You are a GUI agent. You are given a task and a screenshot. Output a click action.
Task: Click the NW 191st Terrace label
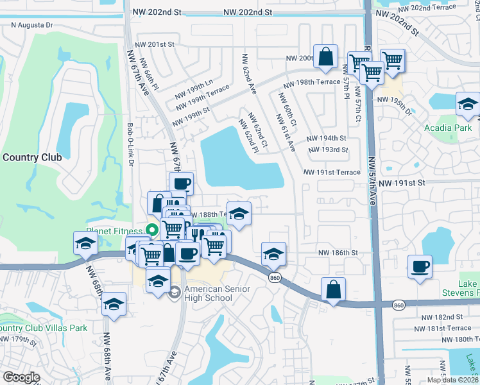[332, 173]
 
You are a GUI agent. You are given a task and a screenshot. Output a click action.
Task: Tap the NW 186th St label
[338, 253]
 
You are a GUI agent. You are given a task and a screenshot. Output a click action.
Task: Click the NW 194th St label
[326, 138]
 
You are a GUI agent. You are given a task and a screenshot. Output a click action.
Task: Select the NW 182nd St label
[442, 317]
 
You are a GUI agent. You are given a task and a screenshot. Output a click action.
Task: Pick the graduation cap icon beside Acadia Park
[468, 103]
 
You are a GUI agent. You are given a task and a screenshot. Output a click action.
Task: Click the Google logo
[21, 377]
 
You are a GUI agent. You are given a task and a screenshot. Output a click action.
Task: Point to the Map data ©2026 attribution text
[452, 380]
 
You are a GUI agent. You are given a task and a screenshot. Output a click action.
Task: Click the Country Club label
[32, 157]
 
